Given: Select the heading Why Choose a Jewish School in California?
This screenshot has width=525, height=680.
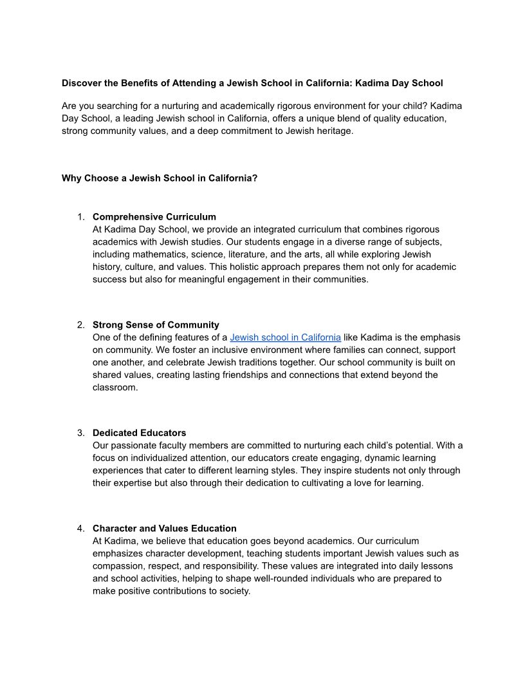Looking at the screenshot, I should [x=160, y=178].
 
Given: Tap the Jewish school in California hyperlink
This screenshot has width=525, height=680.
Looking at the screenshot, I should [x=285, y=337].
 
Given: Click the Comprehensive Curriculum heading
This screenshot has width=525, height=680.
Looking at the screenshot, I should [x=154, y=217].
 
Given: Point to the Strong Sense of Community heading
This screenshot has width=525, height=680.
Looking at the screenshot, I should [x=156, y=325].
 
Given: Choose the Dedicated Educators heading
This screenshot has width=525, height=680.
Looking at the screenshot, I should [x=140, y=433].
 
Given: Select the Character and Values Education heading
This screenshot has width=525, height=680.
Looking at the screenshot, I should [x=165, y=529].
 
